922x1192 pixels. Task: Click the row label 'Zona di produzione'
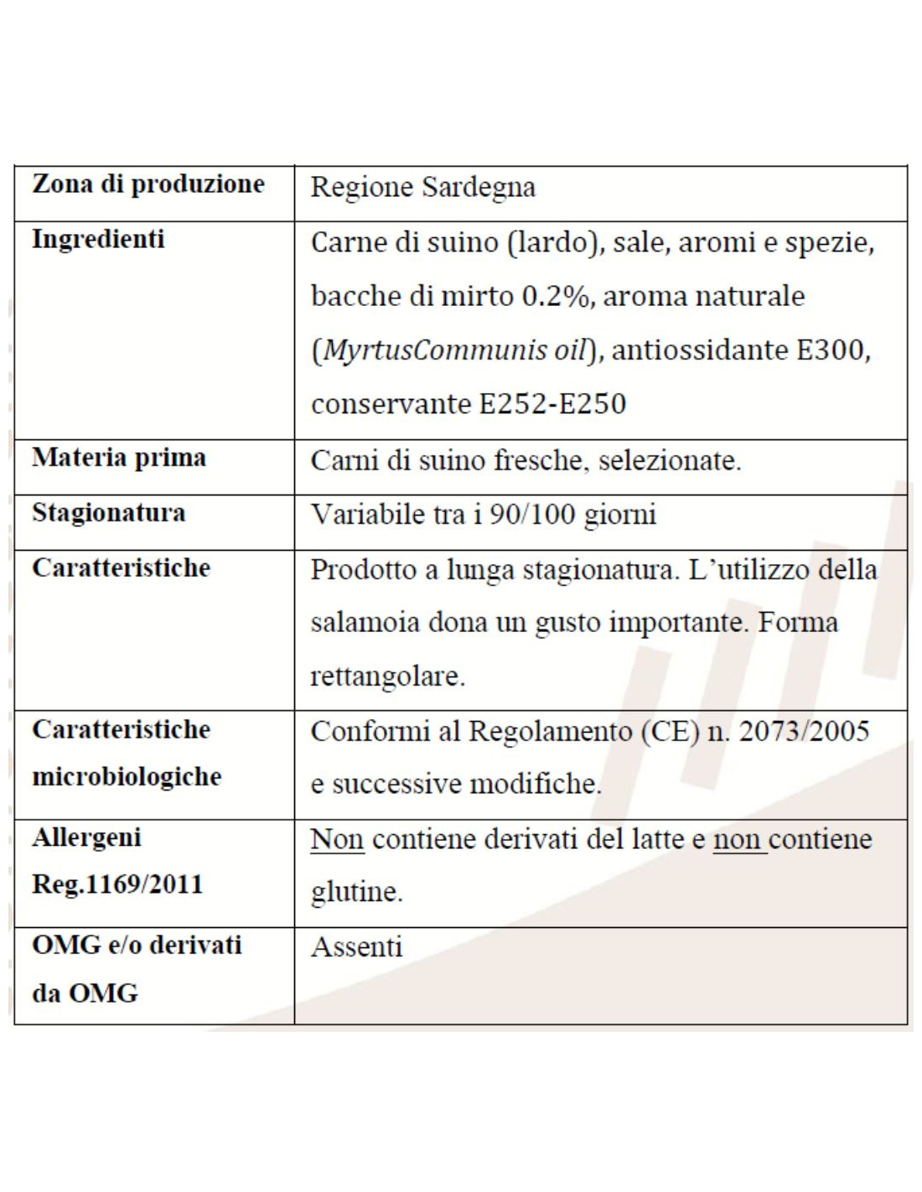(148, 184)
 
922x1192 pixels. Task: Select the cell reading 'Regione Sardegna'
(422, 187)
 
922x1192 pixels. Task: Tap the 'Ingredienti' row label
(98, 240)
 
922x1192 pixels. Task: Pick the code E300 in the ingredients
(828, 350)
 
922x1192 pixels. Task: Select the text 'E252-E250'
(552, 404)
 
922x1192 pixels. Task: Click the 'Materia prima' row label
(119, 459)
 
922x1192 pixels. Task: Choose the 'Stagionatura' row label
(109, 513)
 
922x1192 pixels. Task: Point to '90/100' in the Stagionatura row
(532, 514)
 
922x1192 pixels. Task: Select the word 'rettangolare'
(386, 676)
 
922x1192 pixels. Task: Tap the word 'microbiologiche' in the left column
(127, 777)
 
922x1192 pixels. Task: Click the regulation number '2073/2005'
(804, 731)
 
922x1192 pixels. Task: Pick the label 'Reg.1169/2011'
(117, 884)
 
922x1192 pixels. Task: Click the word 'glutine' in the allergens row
(355, 892)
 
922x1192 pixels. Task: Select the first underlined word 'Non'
(337, 839)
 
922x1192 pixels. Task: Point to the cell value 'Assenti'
(356, 947)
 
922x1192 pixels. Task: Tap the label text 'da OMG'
(85, 994)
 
